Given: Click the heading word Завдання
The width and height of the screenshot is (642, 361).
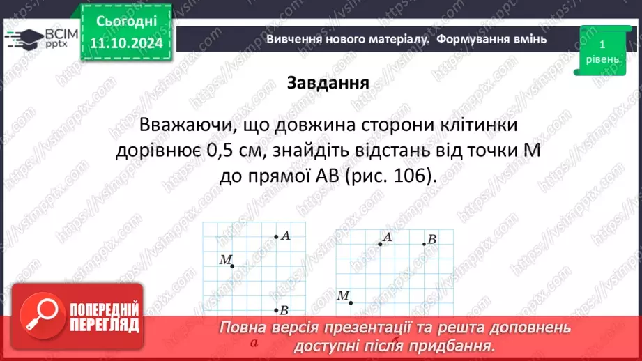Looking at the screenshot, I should pyautogui.click(x=328, y=83).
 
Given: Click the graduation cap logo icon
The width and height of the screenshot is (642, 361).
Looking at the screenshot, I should pyautogui.click(x=22, y=38).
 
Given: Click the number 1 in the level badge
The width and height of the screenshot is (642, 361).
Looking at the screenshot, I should pyautogui.click(x=601, y=44).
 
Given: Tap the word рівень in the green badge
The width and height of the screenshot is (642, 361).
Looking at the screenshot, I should pyautogui.click(x=601, y=59).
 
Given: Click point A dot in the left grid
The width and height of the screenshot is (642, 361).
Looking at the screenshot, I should pyautogui.click(x=276, y=237).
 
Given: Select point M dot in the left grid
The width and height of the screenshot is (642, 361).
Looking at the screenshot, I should pyautogui.click(x=232, y=266).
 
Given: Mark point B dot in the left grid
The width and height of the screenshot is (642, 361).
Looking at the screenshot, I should pyautogui.click(x=276, y=310).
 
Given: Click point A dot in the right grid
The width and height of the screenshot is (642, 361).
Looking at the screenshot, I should pyautogui.click(x=380, y=243).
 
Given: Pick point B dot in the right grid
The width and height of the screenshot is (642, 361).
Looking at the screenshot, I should pyautogui.click(x=424, y=243).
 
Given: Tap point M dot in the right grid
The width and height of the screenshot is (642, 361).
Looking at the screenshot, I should pyautogui.click(x=351, y=302).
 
